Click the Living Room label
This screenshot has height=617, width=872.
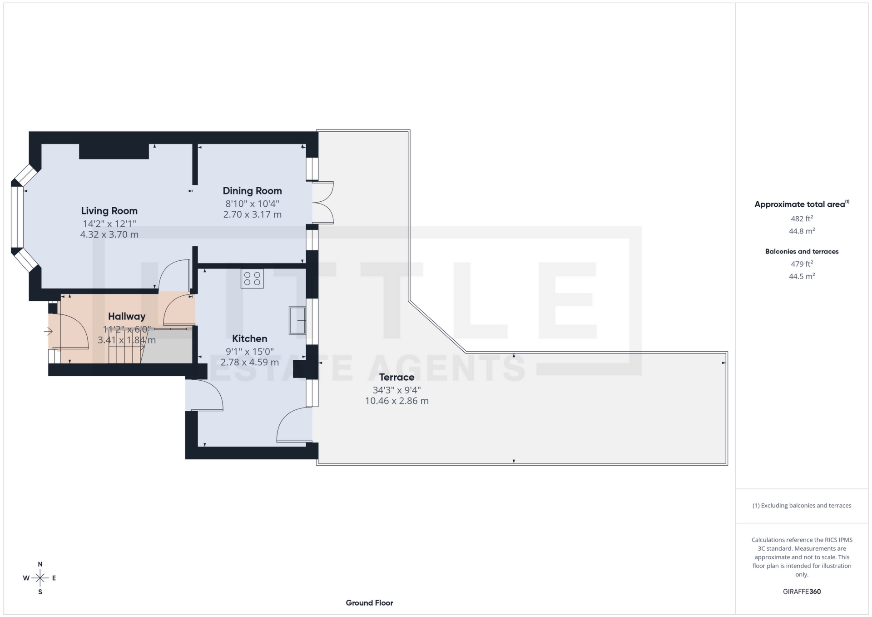(109, 211)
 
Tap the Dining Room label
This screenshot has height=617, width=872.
(252, 191)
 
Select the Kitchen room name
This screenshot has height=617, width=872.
(249, 338)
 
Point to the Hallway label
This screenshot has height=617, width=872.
(127, 316)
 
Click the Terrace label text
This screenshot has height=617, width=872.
(396, 377)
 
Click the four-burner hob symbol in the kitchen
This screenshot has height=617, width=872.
(252, 279)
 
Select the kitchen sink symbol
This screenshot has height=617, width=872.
(297, 320)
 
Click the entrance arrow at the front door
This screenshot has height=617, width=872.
(48, 331)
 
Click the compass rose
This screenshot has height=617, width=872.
(40, 578)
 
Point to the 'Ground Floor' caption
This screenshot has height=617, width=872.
(369, 603)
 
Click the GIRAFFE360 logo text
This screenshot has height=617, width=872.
(802, 592)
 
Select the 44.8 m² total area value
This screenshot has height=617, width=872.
(802, 231)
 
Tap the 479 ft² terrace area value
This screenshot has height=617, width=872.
(802, 264)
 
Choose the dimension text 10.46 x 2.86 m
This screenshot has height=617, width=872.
(396, 401)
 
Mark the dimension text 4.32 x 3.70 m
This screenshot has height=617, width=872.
(109, 234)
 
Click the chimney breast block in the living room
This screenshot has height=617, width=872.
(114, 151)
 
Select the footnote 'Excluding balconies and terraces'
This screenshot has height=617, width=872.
(802, 505)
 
